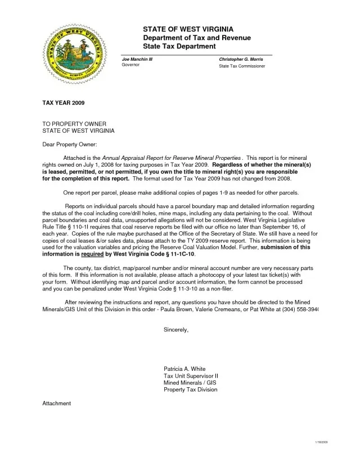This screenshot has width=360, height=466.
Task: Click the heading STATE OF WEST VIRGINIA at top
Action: [188, 29]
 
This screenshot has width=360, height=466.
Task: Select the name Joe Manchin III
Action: [137, 59]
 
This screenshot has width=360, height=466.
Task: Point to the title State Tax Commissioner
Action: [242, 66]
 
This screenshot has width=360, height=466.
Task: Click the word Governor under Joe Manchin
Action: [132, 65]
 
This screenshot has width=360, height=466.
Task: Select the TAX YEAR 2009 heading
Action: [63, 104]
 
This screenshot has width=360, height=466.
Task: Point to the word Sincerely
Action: [176, 330]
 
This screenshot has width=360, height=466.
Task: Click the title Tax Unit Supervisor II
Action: [191, 377]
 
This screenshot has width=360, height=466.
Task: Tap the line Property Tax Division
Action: [190, 389]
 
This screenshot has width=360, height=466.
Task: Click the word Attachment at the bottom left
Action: [57, 403]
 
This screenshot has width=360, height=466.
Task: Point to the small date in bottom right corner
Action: [321, 443]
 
